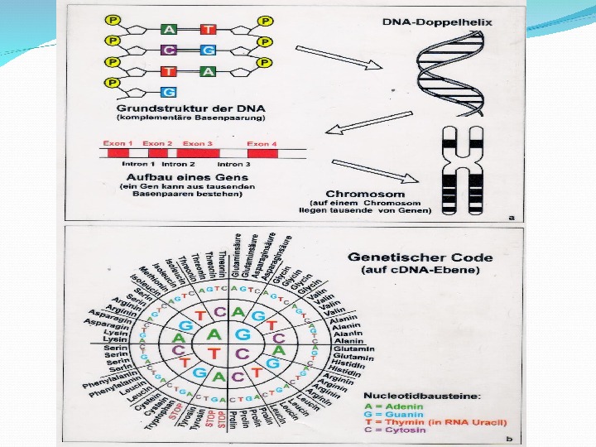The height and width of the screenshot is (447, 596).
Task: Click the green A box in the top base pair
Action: tap(168, 29)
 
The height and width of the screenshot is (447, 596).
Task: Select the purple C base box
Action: tap(168, 50)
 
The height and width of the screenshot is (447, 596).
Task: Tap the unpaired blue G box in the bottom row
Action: tap(168, 91)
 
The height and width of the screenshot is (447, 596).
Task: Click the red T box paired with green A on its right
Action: tap(168, 71)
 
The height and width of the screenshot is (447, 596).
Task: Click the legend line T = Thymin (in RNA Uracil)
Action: tap(431, 423)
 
